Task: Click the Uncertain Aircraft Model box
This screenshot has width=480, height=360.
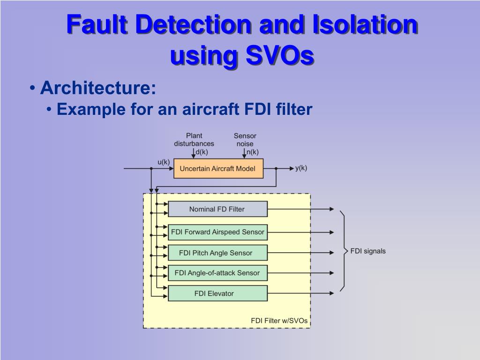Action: click(218, 168)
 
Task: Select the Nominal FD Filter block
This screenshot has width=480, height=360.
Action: click(217, 209)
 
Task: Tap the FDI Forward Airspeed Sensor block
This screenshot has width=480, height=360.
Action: click(217, 232)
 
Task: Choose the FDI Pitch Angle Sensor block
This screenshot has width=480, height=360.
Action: click(217, 253)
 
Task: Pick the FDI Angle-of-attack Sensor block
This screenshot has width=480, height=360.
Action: click(217, 273)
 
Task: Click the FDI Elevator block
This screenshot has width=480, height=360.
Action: click(217, 293)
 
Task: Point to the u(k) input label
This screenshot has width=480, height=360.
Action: click(163, 162)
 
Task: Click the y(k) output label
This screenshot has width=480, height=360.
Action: click(301, 168)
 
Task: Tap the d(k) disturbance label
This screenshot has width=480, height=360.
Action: click(202, 152)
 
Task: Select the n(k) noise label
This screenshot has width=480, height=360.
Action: click(253, 152)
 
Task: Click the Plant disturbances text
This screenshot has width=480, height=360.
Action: click(194, 140)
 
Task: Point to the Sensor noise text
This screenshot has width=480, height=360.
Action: click(245, 140)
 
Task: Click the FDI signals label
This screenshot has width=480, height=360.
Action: click(368, 251)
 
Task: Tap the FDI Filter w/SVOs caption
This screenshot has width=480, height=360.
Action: click(279, 321)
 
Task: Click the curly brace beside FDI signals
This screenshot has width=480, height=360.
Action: click(344, 251)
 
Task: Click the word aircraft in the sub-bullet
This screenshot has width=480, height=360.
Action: click(212, 110)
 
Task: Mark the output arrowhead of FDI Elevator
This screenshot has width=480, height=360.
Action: click(332, 293)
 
